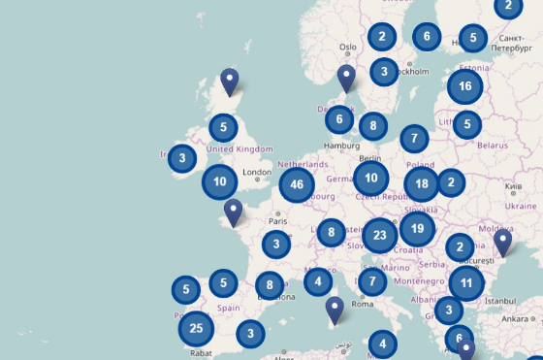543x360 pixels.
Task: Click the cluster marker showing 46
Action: tap(297, 184)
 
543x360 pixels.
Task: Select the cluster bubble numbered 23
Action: tap(380, 235)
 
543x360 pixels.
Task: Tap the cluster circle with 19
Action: tap(417, 230)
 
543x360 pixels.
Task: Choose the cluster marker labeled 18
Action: tap(421, 183)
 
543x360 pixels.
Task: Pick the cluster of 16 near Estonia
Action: tap(465, 86)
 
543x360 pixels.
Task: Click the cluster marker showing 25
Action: tap(196, 328)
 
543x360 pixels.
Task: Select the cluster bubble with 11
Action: tap(466, 283)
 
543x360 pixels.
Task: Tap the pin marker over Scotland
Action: tap(230, 82)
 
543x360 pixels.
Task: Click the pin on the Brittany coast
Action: tap(233, 212)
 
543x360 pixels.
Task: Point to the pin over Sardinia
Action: tap(335, 311)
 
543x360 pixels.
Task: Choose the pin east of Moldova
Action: tap(502, 242)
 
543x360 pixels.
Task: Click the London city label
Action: tap(257, 173)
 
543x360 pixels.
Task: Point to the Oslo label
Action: tap(348, 47)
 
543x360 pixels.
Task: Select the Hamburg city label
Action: tap(341, 146)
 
